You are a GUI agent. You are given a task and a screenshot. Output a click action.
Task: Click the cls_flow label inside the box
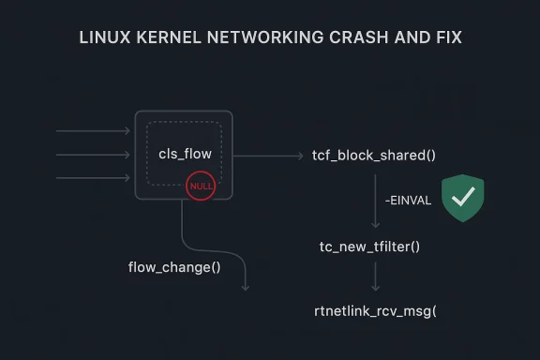click(184, 154)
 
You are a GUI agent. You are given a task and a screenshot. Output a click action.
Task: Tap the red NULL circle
click(201, 187)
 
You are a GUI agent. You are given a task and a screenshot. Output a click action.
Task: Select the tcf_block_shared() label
click(374, 155)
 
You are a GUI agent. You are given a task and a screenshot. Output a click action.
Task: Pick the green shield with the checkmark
click(462, 198)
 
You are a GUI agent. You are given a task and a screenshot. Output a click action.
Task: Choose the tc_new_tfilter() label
click(369, 246)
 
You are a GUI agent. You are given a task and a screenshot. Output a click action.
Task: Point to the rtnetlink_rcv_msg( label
click(375, 310)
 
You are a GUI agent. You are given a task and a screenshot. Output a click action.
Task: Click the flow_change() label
click(174, 267)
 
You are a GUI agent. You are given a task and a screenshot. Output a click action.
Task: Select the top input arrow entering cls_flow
click(94, 131)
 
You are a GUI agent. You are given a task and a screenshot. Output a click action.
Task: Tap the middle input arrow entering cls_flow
click(94, 155)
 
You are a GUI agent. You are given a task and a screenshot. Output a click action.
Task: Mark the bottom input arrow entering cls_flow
click(94, 177)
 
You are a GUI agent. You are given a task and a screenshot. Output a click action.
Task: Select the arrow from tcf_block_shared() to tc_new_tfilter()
click(376, 199)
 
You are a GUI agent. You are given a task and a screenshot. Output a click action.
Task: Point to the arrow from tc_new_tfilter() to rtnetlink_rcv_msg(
click(376, 277)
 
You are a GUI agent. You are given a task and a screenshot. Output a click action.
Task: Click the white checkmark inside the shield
click(462, 196)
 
